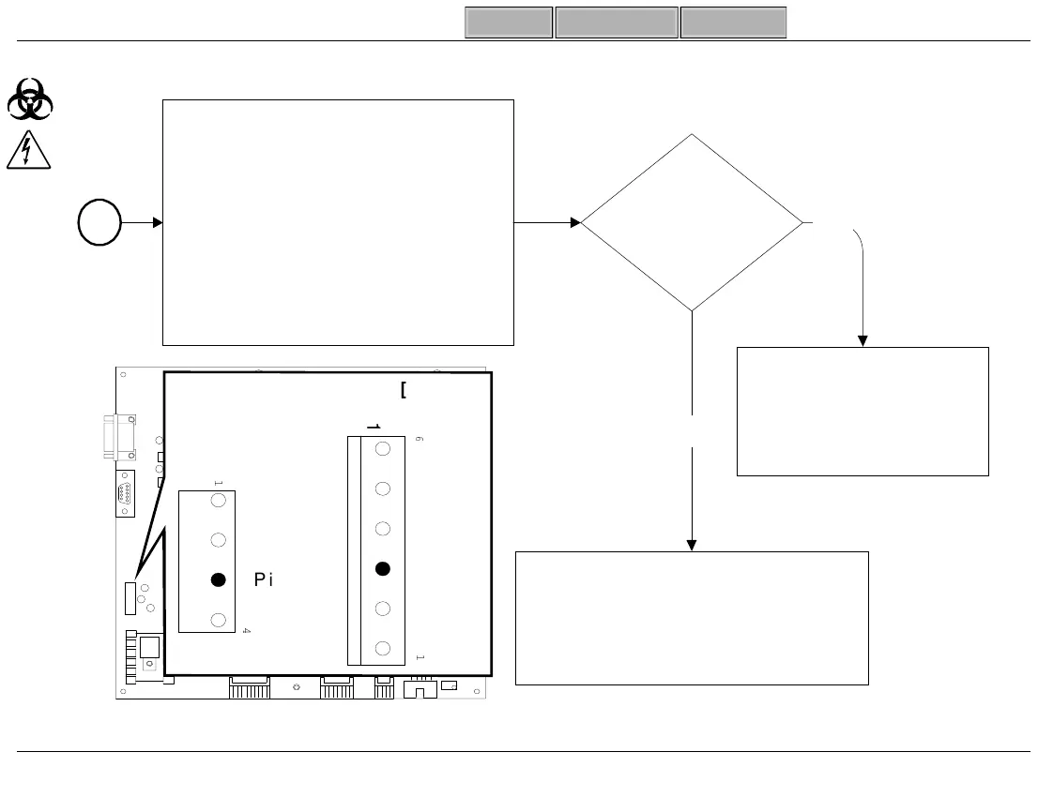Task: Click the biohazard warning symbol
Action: pyautogui.click(x=30, y=98)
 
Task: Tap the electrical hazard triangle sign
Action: pyautogui.click(x=30, y=151)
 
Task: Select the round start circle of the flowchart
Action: pyautogui.click(x=99, y=224)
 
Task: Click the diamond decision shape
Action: pyautogui.click(x=692, y=223)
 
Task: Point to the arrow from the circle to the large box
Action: pyautogui.click(x=143, y=223)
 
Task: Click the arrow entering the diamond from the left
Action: pyautogui.click(x=549, y=223)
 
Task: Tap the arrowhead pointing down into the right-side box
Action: pyautogui.click(x=862, y=340)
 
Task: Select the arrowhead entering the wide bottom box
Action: pyautogui.click(x=692, y=545)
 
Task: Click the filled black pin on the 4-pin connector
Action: pyautogui.click(x=218, y=580)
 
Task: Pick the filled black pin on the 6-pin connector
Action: pyautogui.click(x=383, y=568)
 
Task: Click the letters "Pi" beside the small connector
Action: pyautogui.click(x=264, y=580)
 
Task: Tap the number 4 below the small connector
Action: pyautogui.click(x=246, y=631)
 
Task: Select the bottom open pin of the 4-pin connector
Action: pyautogui.click(x=218, y=620)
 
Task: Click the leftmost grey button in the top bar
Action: pyautogui.click(x=509, y=23)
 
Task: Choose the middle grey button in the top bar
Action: pyautogui.click(x=617, y=23)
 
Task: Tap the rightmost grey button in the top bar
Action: pyautogui.click(x=733, y=23)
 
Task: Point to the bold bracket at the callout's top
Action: pyautogui.click(x=403, y=390)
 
